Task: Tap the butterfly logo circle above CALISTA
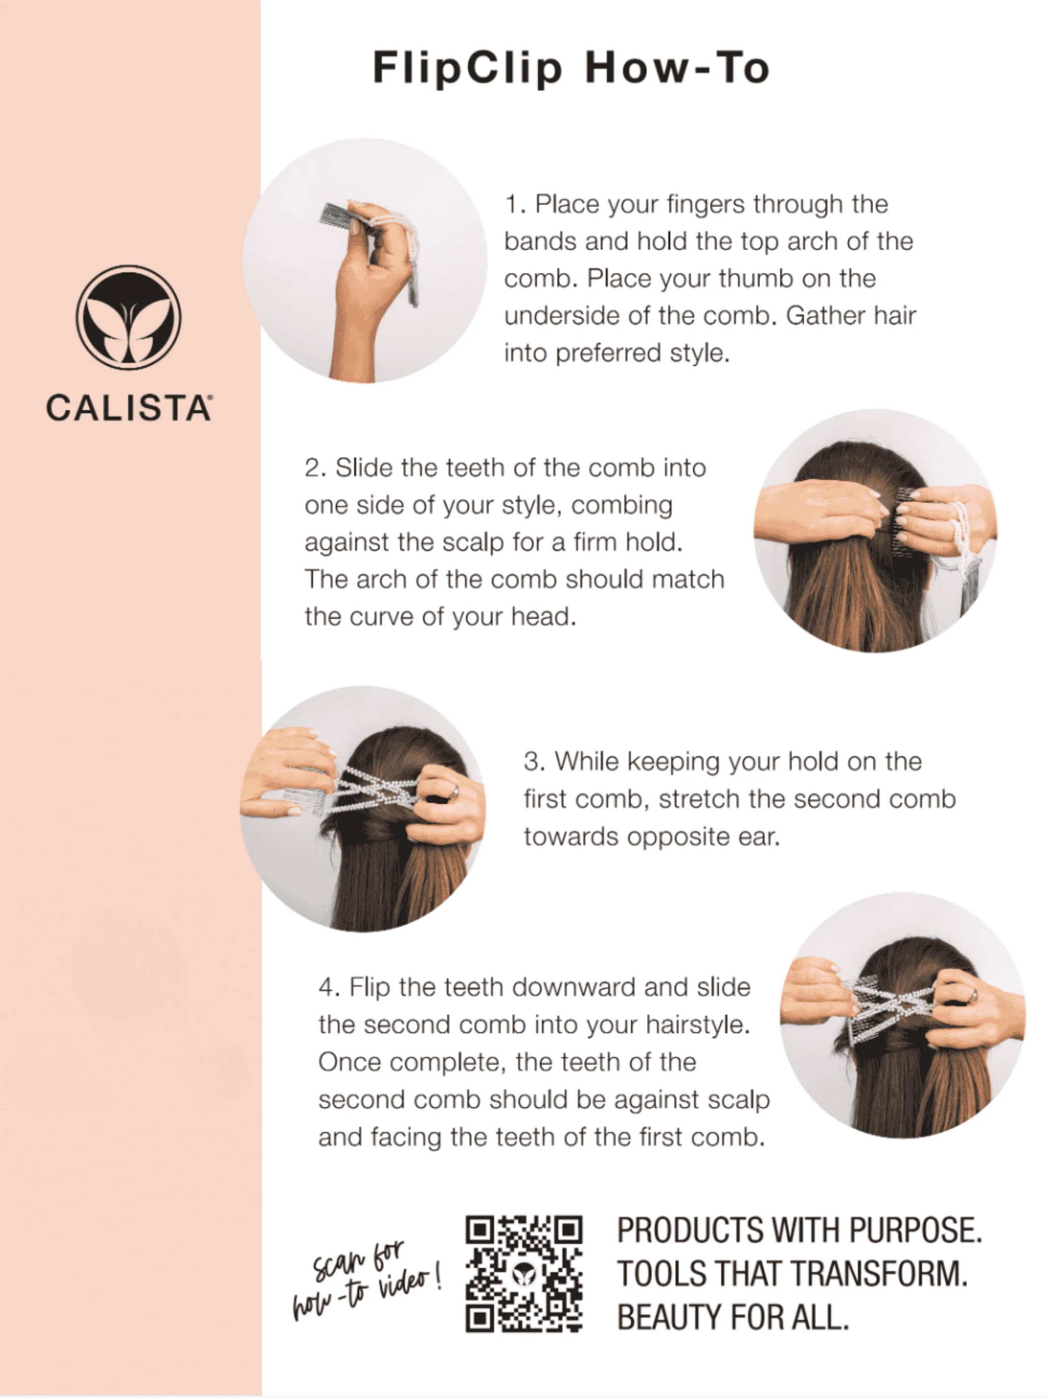click(128, 317)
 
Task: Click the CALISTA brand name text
click(128, 407)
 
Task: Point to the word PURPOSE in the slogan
click(915, 1231)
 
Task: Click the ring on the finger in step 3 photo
click(454, 792)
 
